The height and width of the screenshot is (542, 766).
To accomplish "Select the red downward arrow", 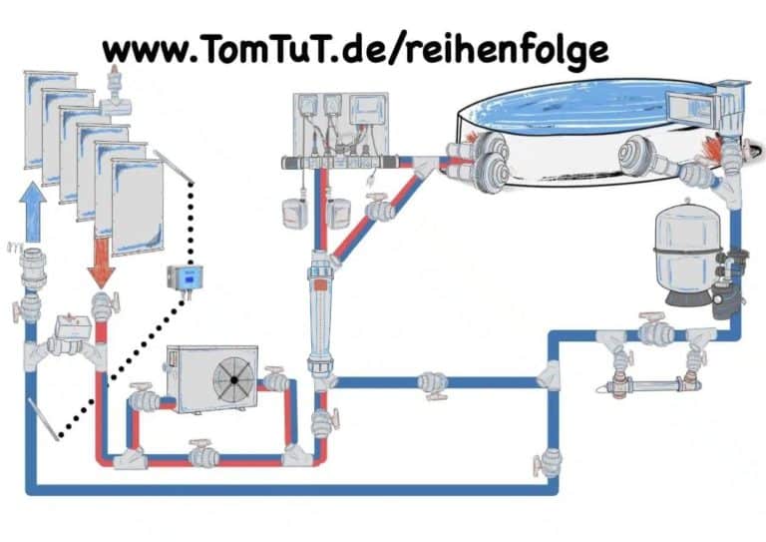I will pyautogui.click(x=101, y=263).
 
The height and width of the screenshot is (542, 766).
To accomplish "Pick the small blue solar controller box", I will pyautogui.click(x=184, y=277).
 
